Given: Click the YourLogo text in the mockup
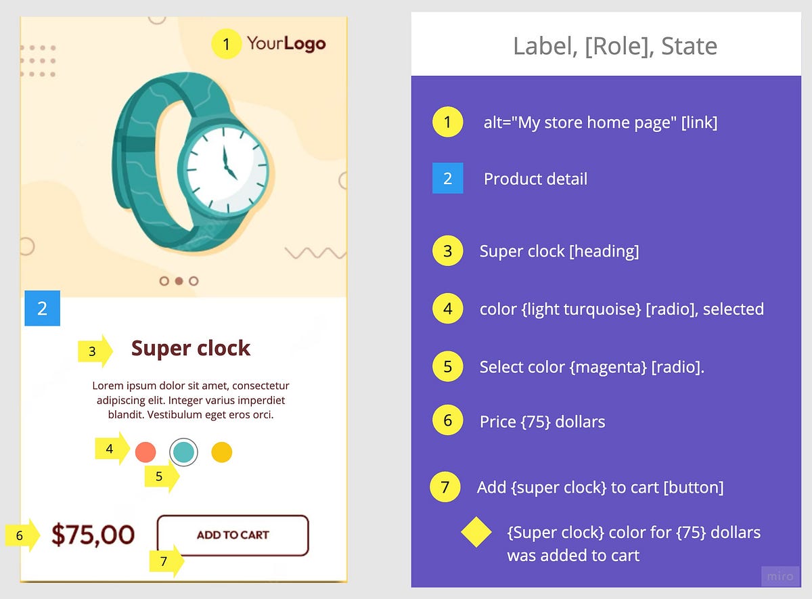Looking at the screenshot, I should pyautogui.click(x=286, y=45).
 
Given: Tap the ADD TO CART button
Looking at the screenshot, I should pyautogui.click(x=233, y=535).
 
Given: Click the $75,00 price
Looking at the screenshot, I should pyautogui.click(x=93, y=535).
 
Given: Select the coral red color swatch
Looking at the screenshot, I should pyautogui.click(x=145, y=452).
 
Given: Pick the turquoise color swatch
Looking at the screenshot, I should pyautogui.click(x=183, y=452).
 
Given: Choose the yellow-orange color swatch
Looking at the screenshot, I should pyautogui.click(x=222, y=452).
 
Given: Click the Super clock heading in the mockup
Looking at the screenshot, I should pyautogui.click(x=191, y=349).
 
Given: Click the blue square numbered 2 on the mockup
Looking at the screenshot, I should pyautogui.click(x=42, y=309).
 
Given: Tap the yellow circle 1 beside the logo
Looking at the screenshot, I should pyautogui.click(x=226, y=45).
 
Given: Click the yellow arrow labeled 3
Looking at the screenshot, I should pyautogui.click(x=95, y=351).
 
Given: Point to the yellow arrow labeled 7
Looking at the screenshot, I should pyautogui.click(x=166, y=561).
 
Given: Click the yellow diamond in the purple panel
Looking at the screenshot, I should pyautogui.click(x=476, y=533).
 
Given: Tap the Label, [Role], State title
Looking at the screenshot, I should pyautogui.click(x=614, y=46).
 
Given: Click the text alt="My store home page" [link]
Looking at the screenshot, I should pyautogui.click(x=600, y=123).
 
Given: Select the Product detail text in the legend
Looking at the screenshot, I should pyautogui.click(x=535, y=179).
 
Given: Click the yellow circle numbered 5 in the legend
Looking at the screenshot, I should pyautogui.click(x=447, y=367).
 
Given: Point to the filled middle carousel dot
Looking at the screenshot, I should pyautogui.click(x=179, y=280).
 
